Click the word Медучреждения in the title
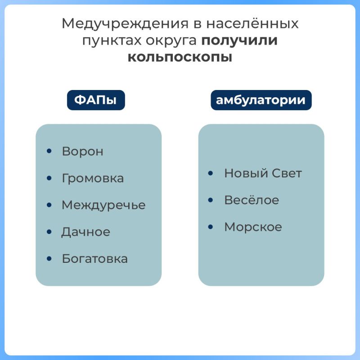click(125, 24)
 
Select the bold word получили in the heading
click(239, 40)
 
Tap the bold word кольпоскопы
click(180, 58)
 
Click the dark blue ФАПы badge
click(96, 100)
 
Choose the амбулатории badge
click(261, 100)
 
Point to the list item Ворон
click(83, 152)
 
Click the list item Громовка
click(93, 178)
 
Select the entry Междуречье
click(103, 205)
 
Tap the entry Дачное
click(85, 232)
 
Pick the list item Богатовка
click(94, 259)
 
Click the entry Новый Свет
click(263, 173)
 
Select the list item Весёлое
click(252, 200)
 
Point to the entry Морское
click(253, 227)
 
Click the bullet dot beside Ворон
click(49, 151)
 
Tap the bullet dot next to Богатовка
click(49, 258)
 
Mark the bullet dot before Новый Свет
click(210, 173)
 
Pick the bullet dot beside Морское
click(210, 227)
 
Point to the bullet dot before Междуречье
click(49, 205)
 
